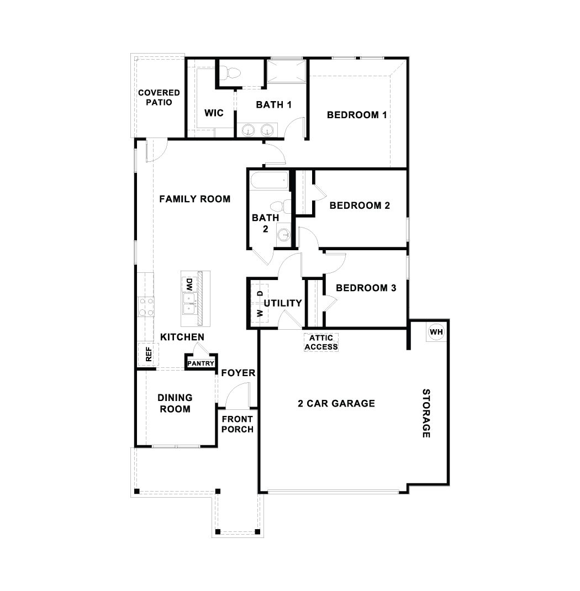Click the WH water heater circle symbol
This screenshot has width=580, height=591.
click(x=436, y=332)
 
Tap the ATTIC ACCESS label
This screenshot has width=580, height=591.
click(x=321, y=342)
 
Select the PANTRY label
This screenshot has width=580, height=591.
click(x=201, y=363)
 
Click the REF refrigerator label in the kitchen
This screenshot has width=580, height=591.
click(x=148, y=354)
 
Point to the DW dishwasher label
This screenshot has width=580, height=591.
click(x=188, y=284)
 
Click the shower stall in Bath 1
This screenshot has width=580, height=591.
click(x=286, y=71)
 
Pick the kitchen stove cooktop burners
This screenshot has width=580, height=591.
click(x=146, y=306)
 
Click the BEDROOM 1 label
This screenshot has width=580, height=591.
click(x=356, y=115)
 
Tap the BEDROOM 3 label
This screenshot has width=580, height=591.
click(x=366, y=288)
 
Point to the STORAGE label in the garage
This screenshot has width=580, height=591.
click(x=426, y=413)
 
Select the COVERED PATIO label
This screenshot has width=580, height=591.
click(x=159, y=97)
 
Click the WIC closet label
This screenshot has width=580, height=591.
click(x=214, y=113)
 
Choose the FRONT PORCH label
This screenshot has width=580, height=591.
click(x=238, y=424)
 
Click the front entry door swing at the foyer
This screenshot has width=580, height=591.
click(x=238, y=395)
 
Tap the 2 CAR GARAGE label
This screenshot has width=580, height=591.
click(x=336, y=403)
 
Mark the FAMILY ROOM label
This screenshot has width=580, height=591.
click(x=194, y=199)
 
